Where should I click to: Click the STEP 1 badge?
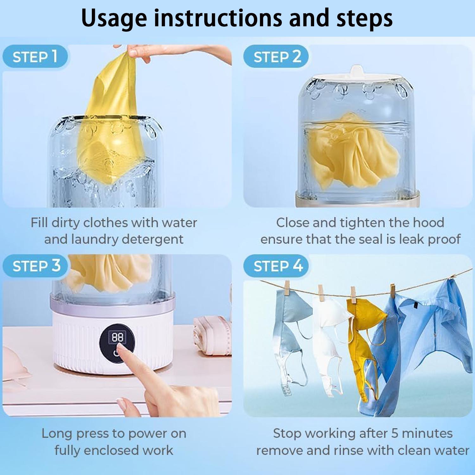pos(35,57)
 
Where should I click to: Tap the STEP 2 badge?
pos(276,57)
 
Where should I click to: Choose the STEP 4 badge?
pos(276,266)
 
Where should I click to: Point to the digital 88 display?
pos(117,337)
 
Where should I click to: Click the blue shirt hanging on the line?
pos(418,342)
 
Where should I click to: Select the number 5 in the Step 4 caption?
pos(395,433)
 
